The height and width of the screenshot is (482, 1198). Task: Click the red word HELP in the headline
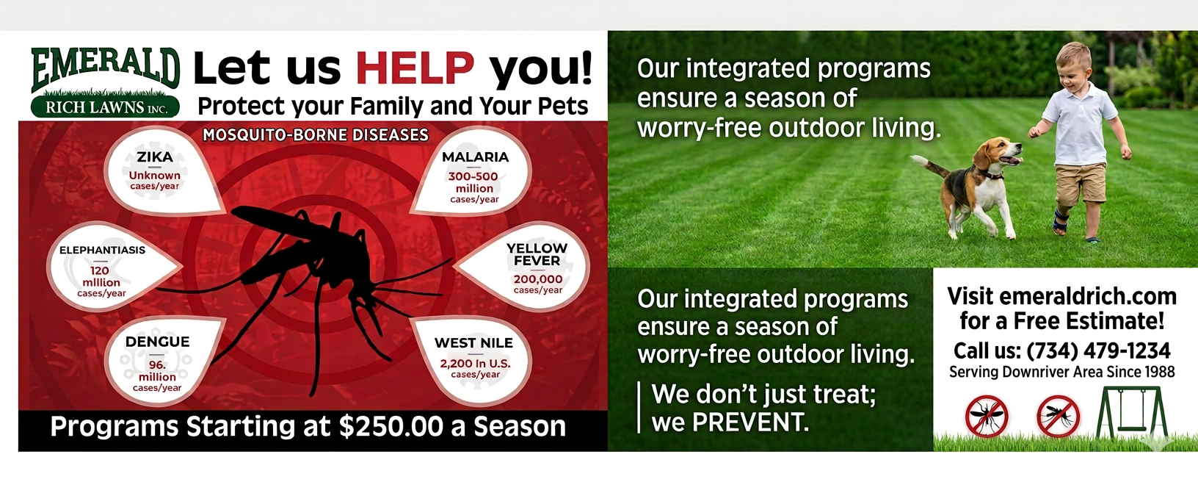tap(415, 68)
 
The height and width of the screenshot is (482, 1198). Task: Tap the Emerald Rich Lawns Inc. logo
tap(106, 82)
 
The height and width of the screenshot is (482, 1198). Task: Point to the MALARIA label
tap(475, 157)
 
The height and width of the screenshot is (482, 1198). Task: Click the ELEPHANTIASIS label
tap(102, 250)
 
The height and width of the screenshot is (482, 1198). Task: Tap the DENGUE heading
tap(157, 342)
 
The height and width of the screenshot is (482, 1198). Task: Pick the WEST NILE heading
tap(473, 342)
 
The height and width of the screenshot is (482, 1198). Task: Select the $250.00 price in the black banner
tap(391, 426)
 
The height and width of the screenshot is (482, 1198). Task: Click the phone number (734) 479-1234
tap(1098, 350)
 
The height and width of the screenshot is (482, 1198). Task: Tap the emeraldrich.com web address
tap(1087, 296)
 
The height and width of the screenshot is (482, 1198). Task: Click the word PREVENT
tap(750, 422)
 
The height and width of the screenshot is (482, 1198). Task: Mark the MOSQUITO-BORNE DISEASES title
tap(316, 135)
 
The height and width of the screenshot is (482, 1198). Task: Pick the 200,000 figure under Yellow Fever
tap(538, 279)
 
